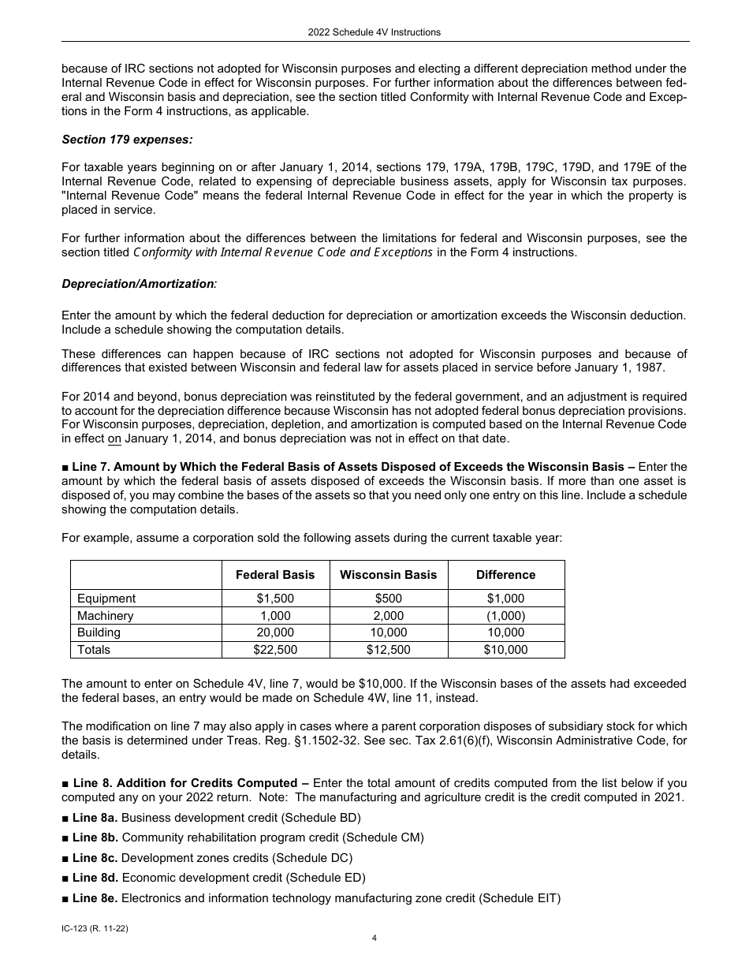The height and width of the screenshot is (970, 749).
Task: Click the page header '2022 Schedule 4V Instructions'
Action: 374,32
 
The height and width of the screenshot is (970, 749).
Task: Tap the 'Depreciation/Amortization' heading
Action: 137,283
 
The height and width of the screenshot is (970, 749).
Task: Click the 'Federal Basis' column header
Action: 275,575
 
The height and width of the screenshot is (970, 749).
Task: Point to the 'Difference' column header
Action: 505,575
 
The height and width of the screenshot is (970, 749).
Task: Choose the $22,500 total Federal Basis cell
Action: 275,650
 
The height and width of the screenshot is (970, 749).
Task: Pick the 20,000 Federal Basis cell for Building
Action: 275,632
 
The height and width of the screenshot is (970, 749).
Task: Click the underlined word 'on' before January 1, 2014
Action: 114,438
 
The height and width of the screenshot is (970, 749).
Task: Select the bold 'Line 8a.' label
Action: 95,818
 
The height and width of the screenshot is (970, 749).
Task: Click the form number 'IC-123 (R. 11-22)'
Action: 95,930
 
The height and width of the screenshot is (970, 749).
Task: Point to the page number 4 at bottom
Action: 374,938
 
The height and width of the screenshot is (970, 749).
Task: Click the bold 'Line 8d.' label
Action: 95,878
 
